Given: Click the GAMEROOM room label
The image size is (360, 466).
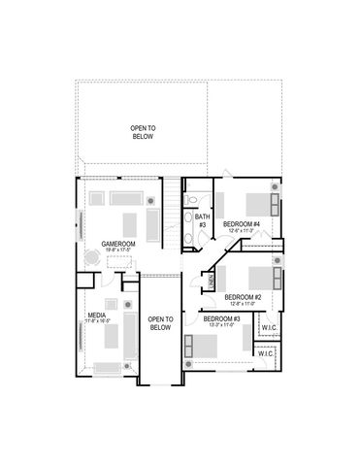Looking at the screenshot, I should tap(117, 244).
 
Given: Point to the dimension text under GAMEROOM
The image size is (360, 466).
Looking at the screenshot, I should tap(117, 250).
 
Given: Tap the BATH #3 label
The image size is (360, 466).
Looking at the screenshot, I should tap(202, 220).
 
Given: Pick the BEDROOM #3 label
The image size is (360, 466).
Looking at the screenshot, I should tap(221, 318).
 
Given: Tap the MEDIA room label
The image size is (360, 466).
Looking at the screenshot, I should tap(97, 316).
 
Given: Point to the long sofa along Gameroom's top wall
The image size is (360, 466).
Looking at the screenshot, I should tap(124, 197).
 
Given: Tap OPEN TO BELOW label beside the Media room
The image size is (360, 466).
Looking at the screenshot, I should tap(160, 323).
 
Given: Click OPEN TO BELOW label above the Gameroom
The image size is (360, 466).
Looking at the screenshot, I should tap(144, 132).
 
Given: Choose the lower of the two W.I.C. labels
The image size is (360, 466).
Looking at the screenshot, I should tap(265, 354).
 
